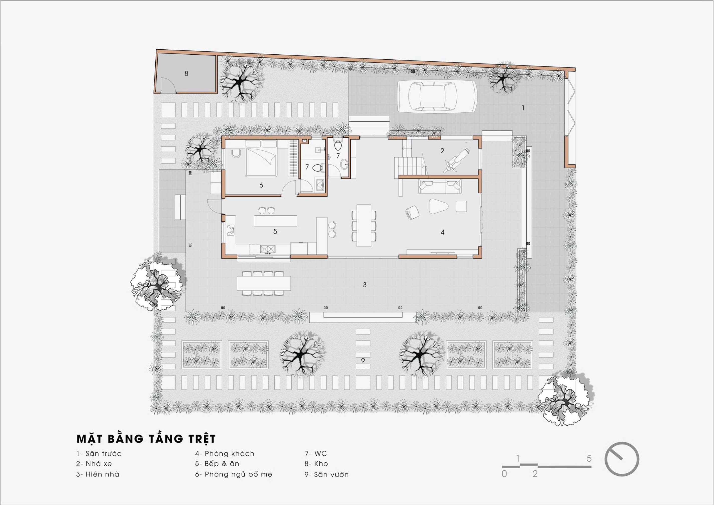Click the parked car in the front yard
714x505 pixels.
click(x=437, y=97)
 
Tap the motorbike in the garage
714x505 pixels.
click(x=456, y=160)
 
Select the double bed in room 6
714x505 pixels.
click(x=261, y=158)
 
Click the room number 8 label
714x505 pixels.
click(x=186, y=74)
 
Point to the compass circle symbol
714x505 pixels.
click(x=622, y=459)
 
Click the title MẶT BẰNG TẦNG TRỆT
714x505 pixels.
click(x=146, y=439)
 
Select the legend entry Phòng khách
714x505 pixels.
click(x=225, y=454)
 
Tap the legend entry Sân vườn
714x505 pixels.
click(x=327, y=474)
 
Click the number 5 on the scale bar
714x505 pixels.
click(x=589, y=458)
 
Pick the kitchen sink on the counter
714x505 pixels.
click(x=268, y=249)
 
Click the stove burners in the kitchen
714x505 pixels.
click(x=230, y=230)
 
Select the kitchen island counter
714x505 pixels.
click(x=275, y=221)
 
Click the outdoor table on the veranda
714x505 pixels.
click(x=264, y=283)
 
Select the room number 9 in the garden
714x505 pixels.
click(x=363, y=361)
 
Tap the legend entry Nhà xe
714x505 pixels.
click(x=94, y=464)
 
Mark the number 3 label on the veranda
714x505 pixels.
click(x=365, y=285)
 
